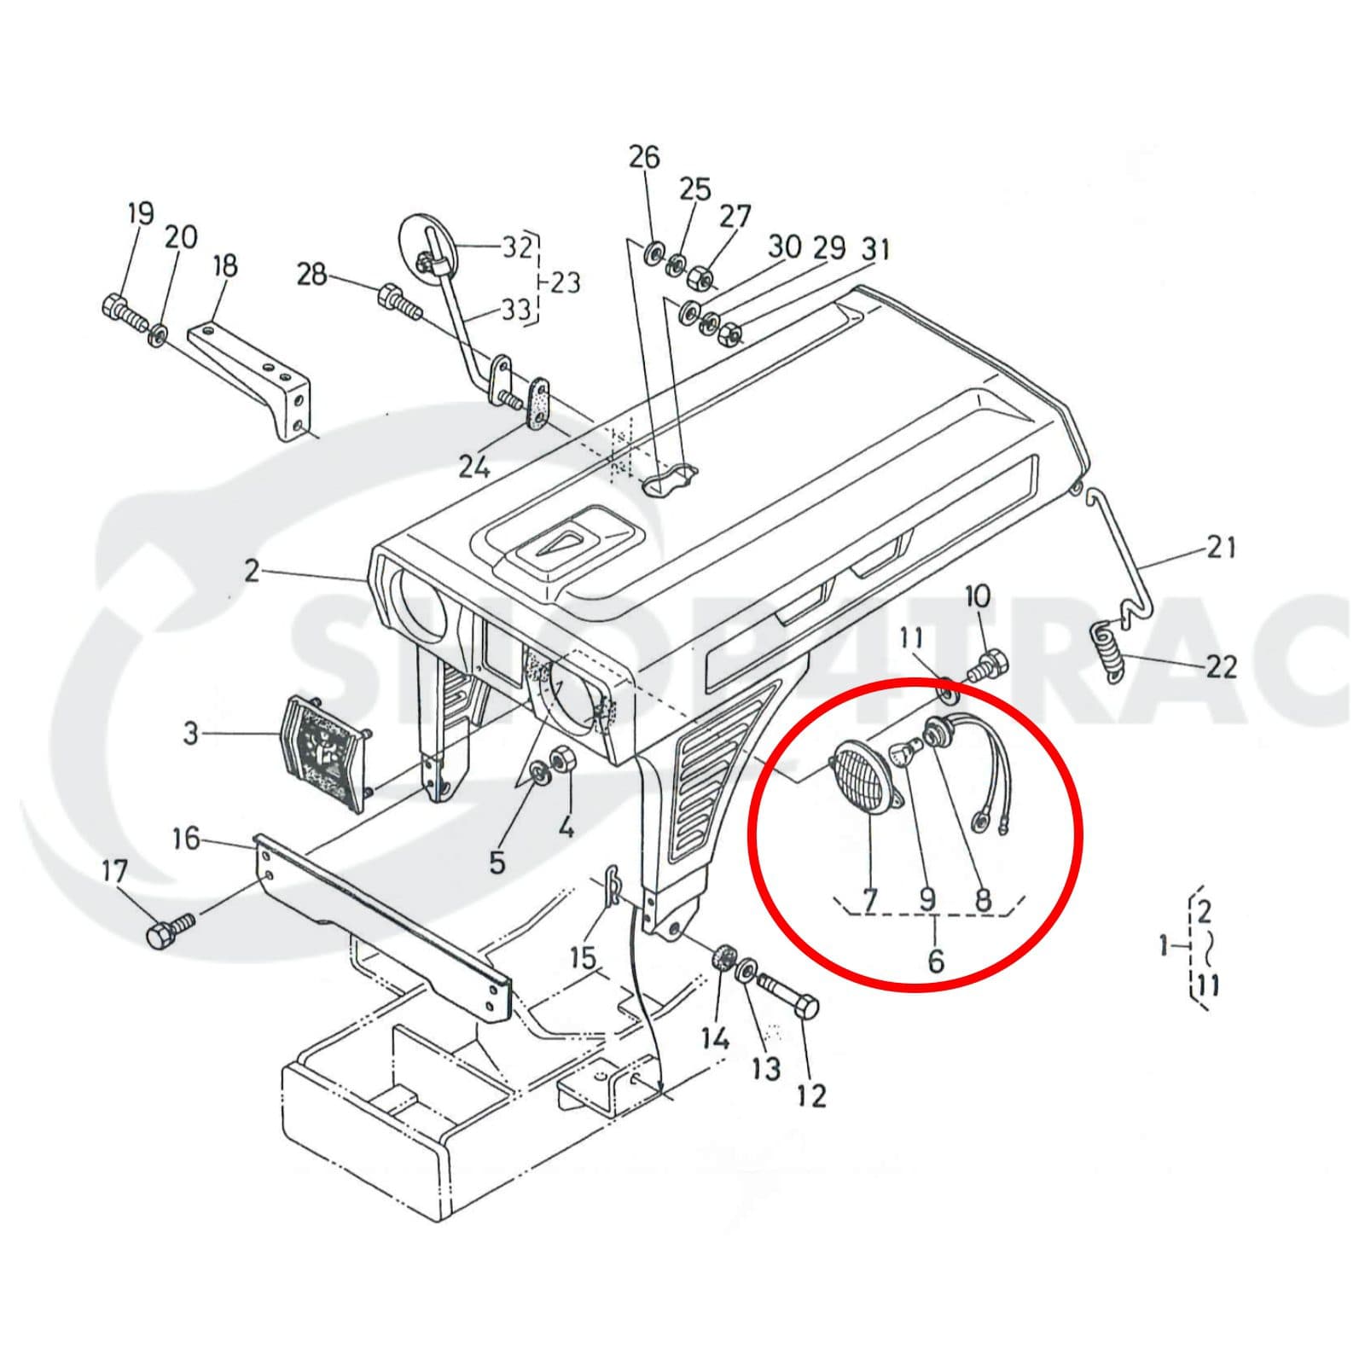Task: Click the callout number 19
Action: pyautogui.click(x=140, y=213)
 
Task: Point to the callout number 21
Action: pyautogui.click(x=1220, y=547)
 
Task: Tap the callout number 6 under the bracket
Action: pyautogui.click(x=936, y=960)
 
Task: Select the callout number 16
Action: pyautogui.click(x=185, y=839)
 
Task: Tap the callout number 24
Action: pyautogui.click(x=474, y=466)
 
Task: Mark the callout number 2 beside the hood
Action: pyautogui.click(x=251, y=571)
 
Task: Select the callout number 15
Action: pyautogui.click(x=583, y=957)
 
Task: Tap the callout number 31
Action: pyautogui.click(x=875, y=249)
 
